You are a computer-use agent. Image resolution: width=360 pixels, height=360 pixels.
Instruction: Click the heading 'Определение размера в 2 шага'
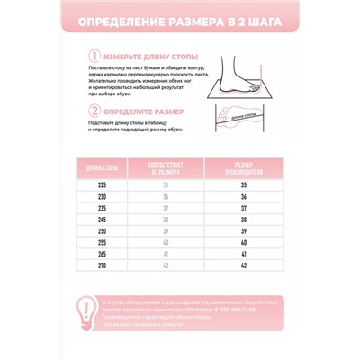[x=180, y=21]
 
